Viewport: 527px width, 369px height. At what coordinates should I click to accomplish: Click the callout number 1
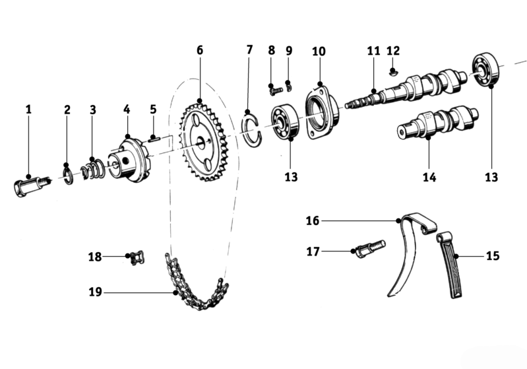tap(28, 109)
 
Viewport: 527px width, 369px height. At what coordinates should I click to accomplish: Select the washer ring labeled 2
tap(67, 176)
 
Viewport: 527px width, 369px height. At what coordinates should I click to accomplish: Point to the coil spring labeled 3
tap(94, 170)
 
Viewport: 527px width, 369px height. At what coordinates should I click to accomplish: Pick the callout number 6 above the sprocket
tap(199, 50)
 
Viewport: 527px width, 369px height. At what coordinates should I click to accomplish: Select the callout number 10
tap(319, 51)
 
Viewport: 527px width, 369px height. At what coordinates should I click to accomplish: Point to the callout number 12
tap(393, 50)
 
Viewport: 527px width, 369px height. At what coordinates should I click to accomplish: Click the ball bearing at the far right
tap(487, 70)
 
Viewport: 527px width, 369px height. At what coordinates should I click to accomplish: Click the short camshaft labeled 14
tap(436, 123)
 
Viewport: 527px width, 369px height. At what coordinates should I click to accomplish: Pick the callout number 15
tap(492, 255)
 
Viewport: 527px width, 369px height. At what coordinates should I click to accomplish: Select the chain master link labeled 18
tap(137, 257)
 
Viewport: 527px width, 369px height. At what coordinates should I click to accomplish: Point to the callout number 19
tap(95, 291)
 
